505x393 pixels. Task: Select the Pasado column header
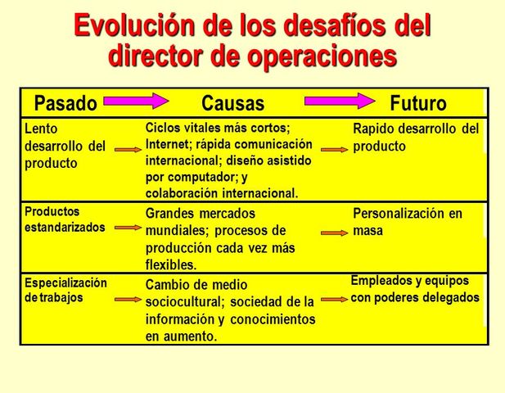pyautogui.click(x=65, y=104)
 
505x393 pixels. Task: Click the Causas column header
pyautogui.click(x=233, y=104)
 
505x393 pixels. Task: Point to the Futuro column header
pyautogui.click(x=418, y=104)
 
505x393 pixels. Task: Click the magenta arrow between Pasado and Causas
pyautogui.click(x=135, y=102)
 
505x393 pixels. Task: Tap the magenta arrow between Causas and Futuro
pyautogui.click(x=337, y=102)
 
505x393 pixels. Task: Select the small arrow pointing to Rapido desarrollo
pyautogui.click(x=334, y=150)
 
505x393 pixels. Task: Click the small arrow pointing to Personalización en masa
pyautogui.click(x=334, y=233)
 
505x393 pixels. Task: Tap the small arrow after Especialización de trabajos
pyautogui.click(x=128, y=300)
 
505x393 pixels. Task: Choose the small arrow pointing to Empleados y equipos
pyautogui.click(x=334, y=300)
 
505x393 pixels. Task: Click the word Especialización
pyautogui.click(x=65, y=283)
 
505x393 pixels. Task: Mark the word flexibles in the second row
pyautogui.click(x=170, y=265)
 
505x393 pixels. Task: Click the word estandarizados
pyautogui.click(x=65, y=228)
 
